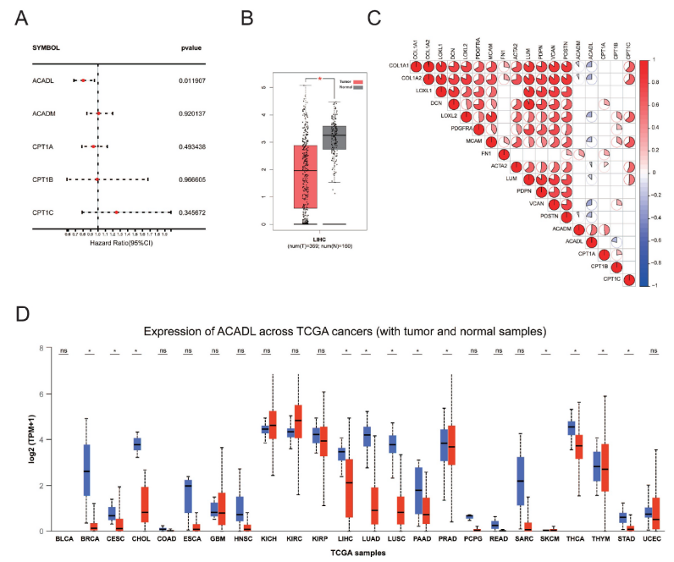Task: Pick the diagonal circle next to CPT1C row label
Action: click(627, 279)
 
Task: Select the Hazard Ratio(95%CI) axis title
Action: click(116, 242)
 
